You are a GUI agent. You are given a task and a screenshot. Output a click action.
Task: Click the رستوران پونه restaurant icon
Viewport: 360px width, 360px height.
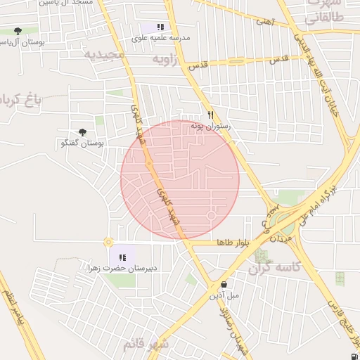pyautogui.click(x=210, y=115)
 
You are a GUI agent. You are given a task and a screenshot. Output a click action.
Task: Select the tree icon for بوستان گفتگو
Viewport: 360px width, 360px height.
pyautogui.click(x=83, y=132)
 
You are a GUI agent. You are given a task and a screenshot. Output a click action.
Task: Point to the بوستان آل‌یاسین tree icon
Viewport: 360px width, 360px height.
pyautogui.click(x=18, y=31)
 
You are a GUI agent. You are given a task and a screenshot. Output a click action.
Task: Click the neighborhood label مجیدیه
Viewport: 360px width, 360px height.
pyautogui.click(x=104, y=54)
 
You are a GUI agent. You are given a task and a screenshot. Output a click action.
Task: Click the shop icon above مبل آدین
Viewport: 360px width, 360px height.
pyautogui.click(x=224, y=285)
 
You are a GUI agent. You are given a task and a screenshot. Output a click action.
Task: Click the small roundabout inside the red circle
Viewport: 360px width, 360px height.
pyautogui.click(x=211, y=214)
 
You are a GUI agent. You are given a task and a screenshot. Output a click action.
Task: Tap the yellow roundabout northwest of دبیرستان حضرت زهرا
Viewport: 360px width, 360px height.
pyautogui.click(x=108, y=242)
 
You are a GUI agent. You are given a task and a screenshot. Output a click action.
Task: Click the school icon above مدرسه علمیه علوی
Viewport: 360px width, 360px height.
pyautogui.click(x=160, y=27)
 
